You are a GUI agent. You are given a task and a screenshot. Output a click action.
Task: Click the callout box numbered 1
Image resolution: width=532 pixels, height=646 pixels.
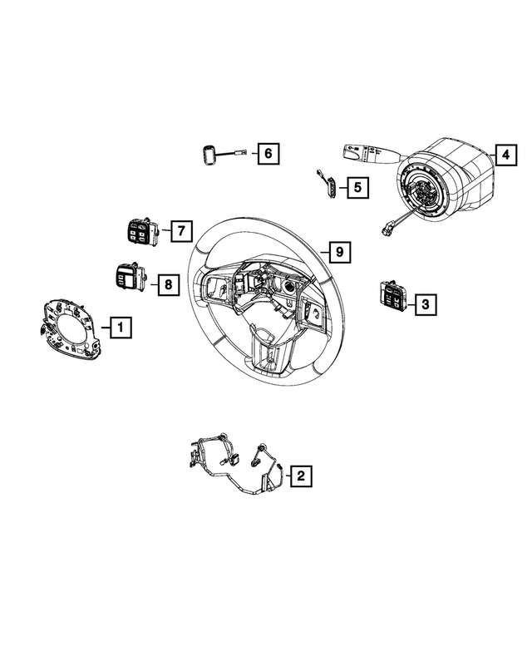(x=120, y=328)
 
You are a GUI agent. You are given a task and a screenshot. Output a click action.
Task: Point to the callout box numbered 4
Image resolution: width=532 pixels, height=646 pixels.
(x=504, y=154)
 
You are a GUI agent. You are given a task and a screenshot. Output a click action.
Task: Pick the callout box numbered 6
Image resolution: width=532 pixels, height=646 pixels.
(x=266, y=154)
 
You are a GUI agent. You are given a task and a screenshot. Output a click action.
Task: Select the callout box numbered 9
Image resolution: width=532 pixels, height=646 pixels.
(x=338, y=251)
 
